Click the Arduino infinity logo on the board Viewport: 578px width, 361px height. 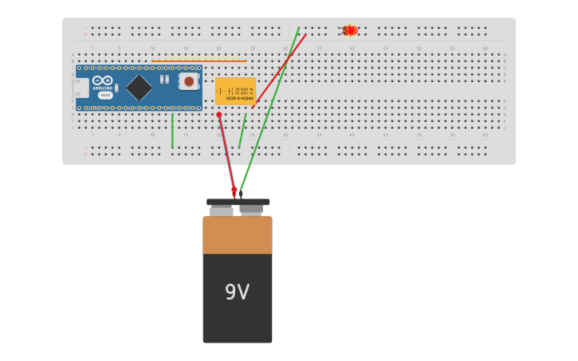point(103,80)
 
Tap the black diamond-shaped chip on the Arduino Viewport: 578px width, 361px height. point(139,87)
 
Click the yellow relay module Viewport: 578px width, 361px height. point(235,91)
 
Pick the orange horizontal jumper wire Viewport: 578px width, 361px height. point(199,61)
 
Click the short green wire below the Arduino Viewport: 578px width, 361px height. point(172,131)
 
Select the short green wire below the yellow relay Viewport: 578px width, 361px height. point(242,131)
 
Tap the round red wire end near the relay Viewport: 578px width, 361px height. point(219,115)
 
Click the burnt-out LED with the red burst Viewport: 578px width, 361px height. point(349,30)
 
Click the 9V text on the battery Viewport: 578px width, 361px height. point(237,292)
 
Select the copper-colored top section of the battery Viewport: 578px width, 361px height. point(237,235)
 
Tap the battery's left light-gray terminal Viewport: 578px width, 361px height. point(222,211)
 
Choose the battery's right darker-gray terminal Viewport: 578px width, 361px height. point(251,211)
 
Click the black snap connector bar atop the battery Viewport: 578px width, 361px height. point(238,202)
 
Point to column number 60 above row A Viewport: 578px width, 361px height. point(485,49)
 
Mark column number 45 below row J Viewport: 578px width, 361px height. point(385,135)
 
